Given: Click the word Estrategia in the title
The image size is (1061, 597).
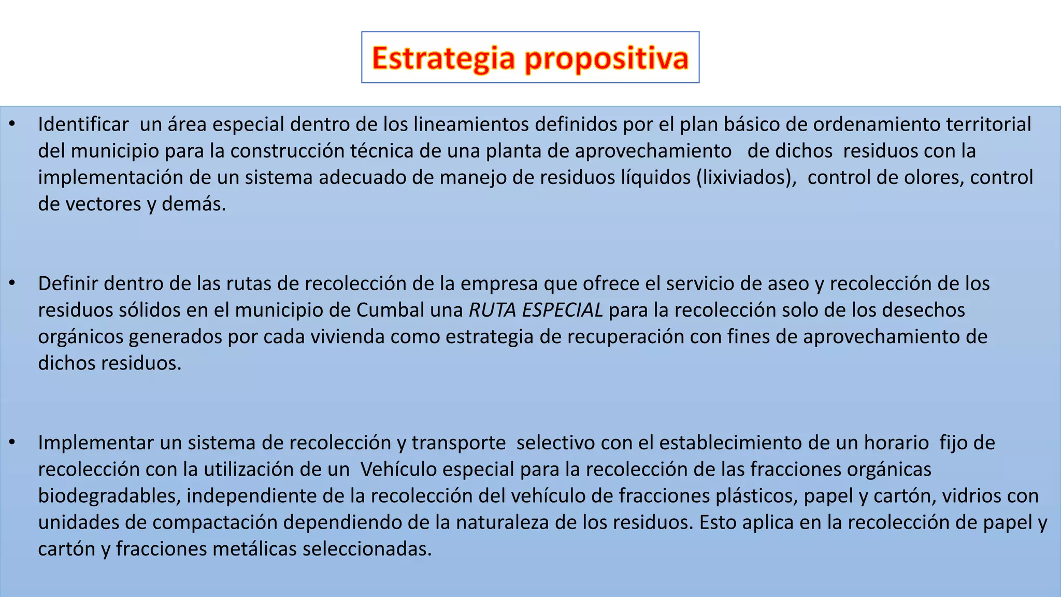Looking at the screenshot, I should (x=443, y=58).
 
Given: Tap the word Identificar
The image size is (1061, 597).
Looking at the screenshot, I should (x=83, y=124).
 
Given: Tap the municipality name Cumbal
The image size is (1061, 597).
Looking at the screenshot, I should (x=391, y=310).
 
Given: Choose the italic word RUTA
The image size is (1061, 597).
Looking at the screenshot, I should (x=492, y=310).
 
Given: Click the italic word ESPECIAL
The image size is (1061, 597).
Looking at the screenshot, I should (x=562, y=310).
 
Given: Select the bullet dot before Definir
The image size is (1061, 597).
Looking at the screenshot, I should (x=12, y=283).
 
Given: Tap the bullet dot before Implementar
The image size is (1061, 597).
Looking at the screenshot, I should (x=12, y=443).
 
